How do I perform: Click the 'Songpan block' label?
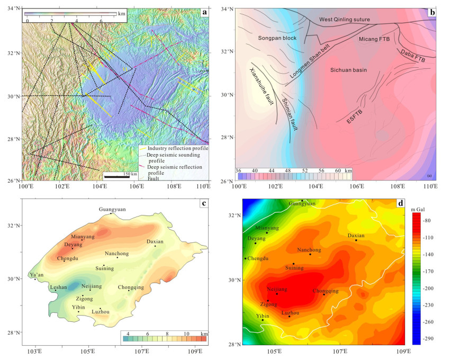(277, 39)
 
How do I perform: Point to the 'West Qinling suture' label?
(348, 20)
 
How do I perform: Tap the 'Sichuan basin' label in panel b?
(349, 70)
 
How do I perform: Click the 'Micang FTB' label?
(377, 39)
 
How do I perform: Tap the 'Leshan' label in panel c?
(58, 287)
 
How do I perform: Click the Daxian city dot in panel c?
(155, 246)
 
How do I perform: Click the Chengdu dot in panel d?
(245, 258)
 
